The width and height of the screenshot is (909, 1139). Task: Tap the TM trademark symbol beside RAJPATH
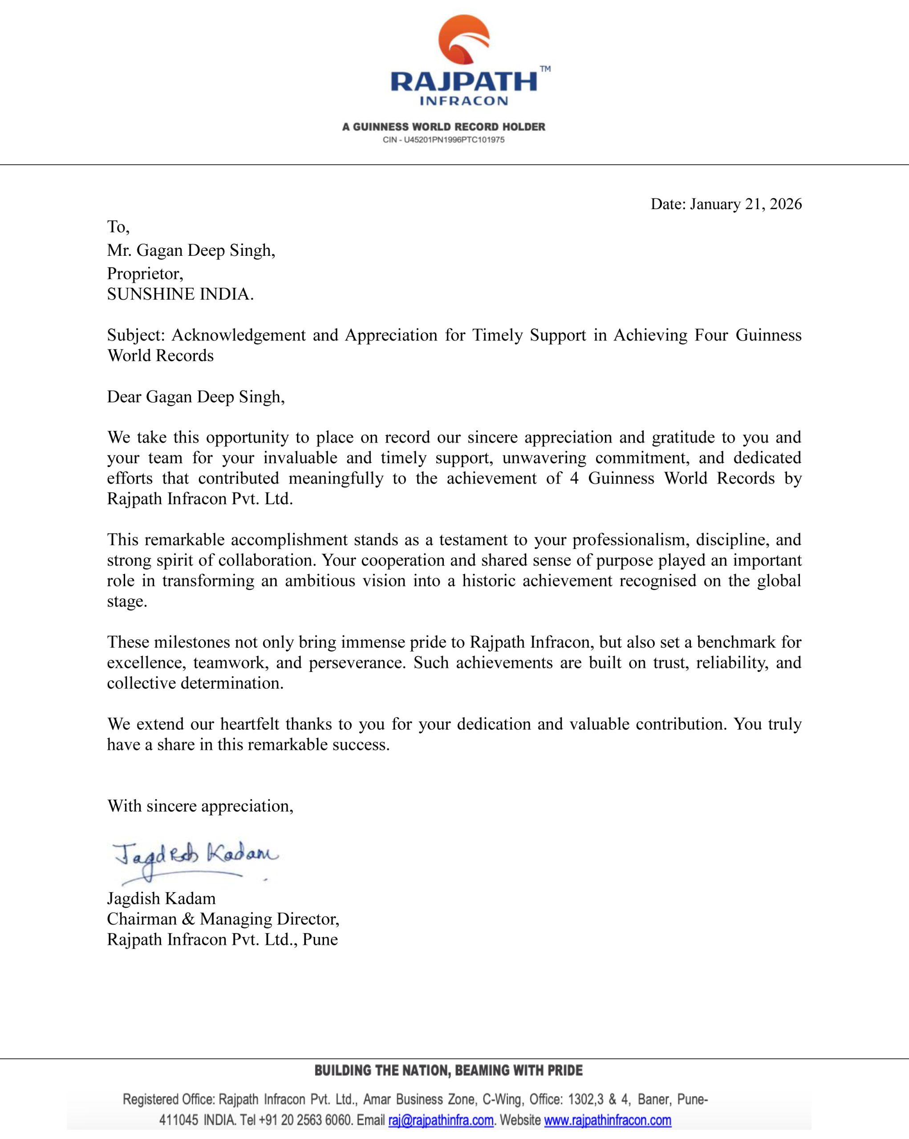point(545,69)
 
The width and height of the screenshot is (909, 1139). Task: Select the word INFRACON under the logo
point(463,101)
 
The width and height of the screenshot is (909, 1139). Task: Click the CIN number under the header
point(443,140)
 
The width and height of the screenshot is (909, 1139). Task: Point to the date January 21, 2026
point(746,204)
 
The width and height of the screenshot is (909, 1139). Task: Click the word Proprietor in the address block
point(145,273)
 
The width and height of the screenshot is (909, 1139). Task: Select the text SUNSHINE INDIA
point(180,294)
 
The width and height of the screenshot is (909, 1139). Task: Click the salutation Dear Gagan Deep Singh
point(195,396)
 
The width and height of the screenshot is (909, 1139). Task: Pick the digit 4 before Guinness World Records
point(574,478)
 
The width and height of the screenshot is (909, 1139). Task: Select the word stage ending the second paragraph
point(126,601)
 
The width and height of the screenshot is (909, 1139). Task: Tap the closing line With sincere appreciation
point(200,806)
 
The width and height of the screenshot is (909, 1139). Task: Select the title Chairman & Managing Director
point(223,919)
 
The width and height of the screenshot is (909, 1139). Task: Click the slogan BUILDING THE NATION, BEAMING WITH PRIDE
point(448,1070)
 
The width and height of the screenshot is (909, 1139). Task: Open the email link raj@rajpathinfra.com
point(441,1120)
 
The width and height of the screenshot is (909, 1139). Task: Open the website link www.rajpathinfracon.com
point(607,1120)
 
